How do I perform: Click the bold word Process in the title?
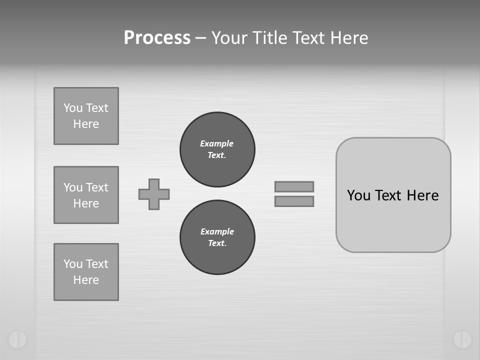(x=157, y=38)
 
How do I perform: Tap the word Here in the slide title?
(x=348, y=38)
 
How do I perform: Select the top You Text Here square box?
(x=86, y=116)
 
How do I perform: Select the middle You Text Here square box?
(x=86, y=195)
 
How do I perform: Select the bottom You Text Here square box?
(x=86, y=272)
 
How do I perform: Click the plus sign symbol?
(x=154, y=194)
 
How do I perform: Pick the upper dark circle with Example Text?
(x=217, y=149)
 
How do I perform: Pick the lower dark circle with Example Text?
(x=217, y=237)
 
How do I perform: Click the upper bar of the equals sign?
(x=294, y=186)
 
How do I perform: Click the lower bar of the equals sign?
(x=294, y=201)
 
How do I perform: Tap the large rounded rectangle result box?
(x=393, y=220)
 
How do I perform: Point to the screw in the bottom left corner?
(x=17, y=339)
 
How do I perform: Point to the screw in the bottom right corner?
(x=462, y=339)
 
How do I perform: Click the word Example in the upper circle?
(x=216, y=143)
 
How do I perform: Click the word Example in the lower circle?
(x=217, y=231)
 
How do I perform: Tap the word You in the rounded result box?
(x=358, y=195)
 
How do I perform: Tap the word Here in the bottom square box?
(x=86, y=280)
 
